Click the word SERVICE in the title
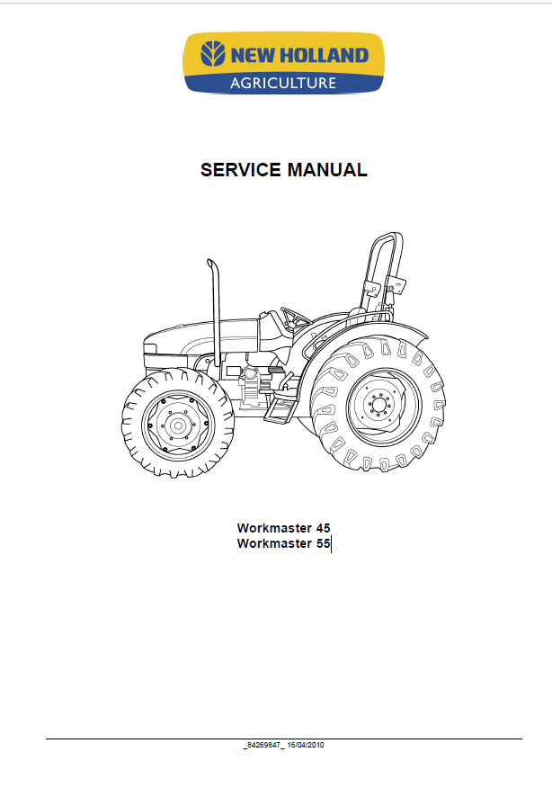pyautogui.click(x=241, y=170)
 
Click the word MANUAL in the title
pyautogui.click(x=327, y=170)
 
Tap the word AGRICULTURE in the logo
pyautogui.click(x=283, y=83)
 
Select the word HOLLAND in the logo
pyautogui.click(x=324, y=55)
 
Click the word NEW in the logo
pyautogui.click(x=253, y=55)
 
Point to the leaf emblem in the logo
pyautogui.click(x=213, y=54)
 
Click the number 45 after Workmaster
pyautogui.click(x=323, y=528)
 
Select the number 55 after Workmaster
pyautogui.click(x=323, y=543)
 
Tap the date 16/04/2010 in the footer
pyautogui.click(x=306, y=745)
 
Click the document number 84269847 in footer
pyautogui.click(x=263, y=745)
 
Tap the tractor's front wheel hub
pyautogui.click(x=177, y=425)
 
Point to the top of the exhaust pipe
pyautogui.click(x=212, y=264)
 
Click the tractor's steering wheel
pyautogui.click(x=296, y=316)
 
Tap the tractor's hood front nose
pyautogui.click(x=149, y=348)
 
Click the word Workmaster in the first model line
pyautogui.click(x=274, y=528)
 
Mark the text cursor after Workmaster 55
pyautogui.click(x=332, y=544)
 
